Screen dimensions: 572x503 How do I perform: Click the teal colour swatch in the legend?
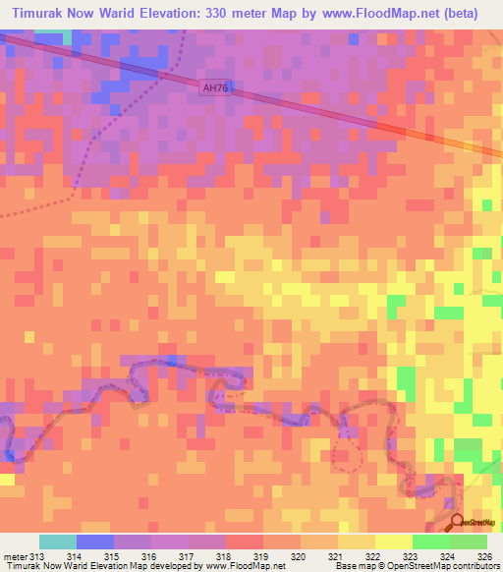click(x=58, y=542)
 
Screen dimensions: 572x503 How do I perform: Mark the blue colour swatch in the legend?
click(x=95, y=542)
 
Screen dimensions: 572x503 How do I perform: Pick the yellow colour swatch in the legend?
click(x=393, y=542)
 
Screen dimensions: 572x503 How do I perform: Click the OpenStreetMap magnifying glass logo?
click(x=457, y=522)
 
